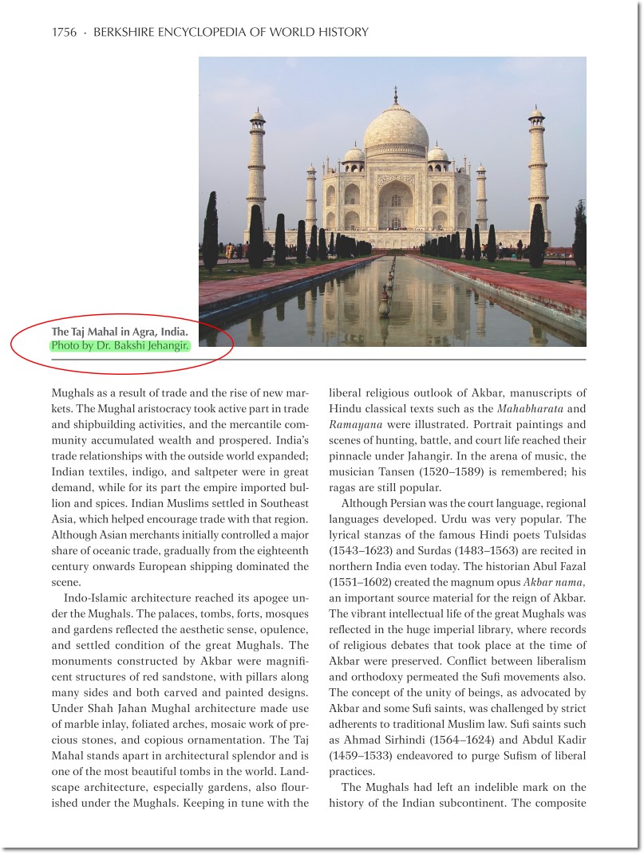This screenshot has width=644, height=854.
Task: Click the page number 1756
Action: click(64, 33)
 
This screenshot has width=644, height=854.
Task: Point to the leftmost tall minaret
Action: click(256, 171)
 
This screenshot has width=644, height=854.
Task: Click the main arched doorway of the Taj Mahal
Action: click(395, 206)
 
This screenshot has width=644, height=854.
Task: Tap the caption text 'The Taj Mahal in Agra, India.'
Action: click(120, 332)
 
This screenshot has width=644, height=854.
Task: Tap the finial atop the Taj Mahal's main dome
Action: click(395, 96)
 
